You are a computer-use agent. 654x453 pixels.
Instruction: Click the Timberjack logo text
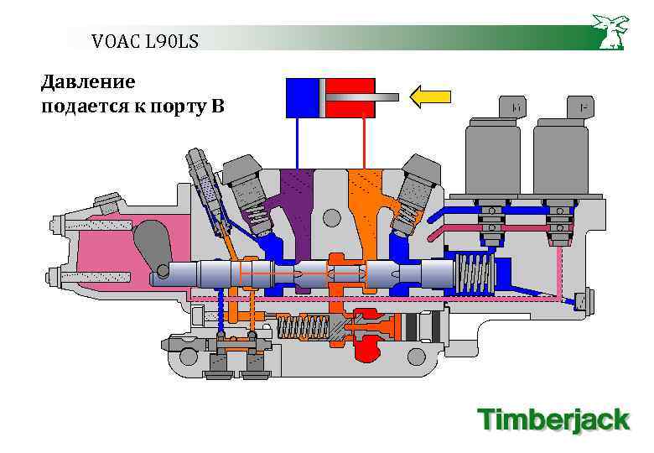coord(553,419)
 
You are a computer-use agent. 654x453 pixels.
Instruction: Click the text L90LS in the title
coord(171,40)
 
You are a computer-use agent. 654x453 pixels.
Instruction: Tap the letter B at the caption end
coord(219,107)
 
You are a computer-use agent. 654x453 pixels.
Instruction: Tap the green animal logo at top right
coord(610,31)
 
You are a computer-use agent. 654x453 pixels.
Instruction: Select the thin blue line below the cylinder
coord(297,143)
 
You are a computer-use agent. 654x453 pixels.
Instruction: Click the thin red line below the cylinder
coord(363,143)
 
